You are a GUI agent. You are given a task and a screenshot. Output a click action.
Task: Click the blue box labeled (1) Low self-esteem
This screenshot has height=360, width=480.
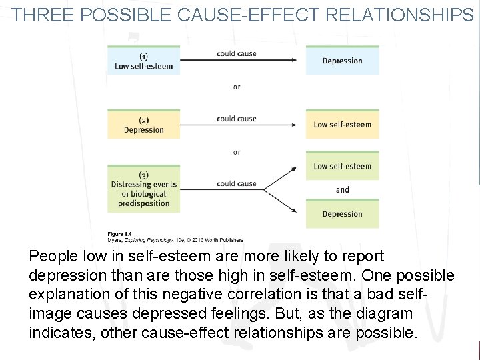[143, 61]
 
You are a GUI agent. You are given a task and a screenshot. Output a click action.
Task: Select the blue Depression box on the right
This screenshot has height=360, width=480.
[342, 61]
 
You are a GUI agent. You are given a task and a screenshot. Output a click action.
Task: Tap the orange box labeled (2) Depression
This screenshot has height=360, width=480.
[143, 125]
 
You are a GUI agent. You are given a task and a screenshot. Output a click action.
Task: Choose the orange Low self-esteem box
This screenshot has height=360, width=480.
[342, 124]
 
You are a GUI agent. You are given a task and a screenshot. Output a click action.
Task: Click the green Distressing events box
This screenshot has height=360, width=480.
[143, 189]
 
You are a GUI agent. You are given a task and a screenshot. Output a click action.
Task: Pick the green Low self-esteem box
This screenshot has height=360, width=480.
[342, 166]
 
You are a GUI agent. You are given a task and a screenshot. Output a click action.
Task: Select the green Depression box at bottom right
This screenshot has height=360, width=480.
[342, 214]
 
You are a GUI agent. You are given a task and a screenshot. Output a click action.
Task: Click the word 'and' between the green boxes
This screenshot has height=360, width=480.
[342, 190]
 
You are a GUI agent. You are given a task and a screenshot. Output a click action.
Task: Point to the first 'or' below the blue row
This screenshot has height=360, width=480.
[237, 87]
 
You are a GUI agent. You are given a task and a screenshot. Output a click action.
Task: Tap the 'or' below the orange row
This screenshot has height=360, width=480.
[237, 152]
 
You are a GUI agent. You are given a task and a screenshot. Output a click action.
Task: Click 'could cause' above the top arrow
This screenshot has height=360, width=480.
[236, 53]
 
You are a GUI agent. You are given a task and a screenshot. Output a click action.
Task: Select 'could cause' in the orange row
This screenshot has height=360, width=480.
[236, 119]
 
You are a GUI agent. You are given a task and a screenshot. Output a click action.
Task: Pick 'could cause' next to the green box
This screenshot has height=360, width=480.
[236, 183]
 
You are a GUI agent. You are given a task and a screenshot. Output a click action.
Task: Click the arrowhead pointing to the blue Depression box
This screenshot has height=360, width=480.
[293, 60]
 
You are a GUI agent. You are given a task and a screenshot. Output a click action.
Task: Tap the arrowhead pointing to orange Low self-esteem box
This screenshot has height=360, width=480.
[293, 125]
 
